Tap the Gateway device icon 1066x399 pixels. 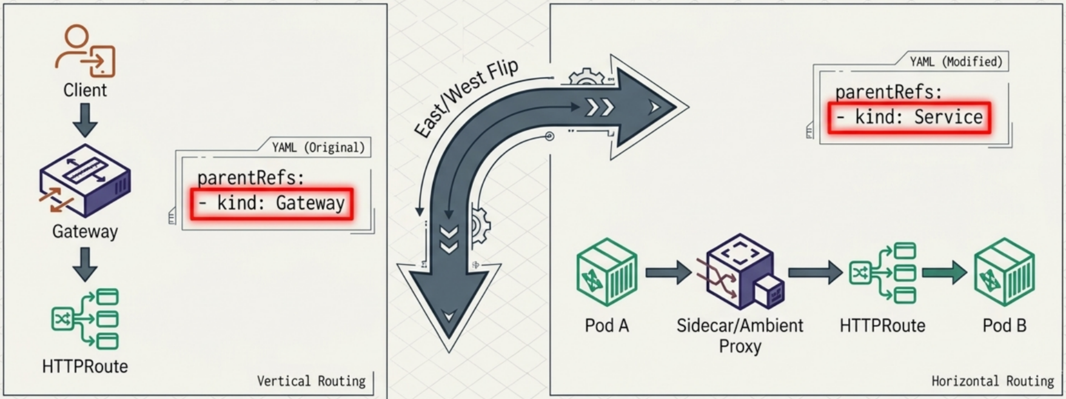[x=85, y=181]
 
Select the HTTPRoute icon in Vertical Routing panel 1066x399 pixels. [x=85, y=319]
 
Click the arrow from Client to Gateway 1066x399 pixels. [x=85, y=120]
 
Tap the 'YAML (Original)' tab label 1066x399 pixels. [x=318, y=148]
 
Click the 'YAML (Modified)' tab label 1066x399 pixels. [x=956, y=62]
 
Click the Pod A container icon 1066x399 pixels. [x=606, y=272]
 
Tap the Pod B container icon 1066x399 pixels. [x=1004, y=272]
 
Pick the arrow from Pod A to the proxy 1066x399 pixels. [x=669, y=272]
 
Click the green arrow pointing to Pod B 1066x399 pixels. [x=945, y=272]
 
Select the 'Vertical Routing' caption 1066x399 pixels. [x=311, y=381]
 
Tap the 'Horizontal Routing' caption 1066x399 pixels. [x=993, y=381]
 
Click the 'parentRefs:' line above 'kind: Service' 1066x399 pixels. [x=888, y=93]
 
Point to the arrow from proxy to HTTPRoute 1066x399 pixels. [x=816, y=272]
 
